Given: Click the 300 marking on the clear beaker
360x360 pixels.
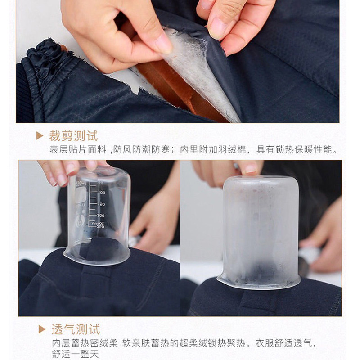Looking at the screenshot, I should pyautogui.click(x=100, y=216).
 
